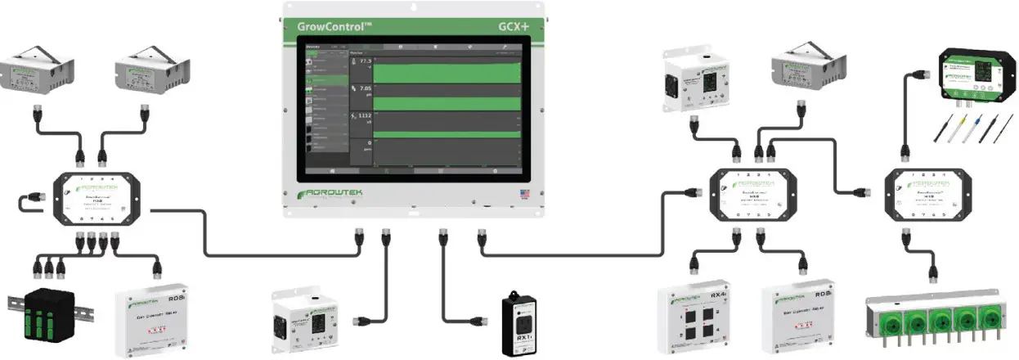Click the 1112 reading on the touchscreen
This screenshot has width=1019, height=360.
click(x=362, y=116)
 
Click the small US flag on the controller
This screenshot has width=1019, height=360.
click(x=523, y=195)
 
